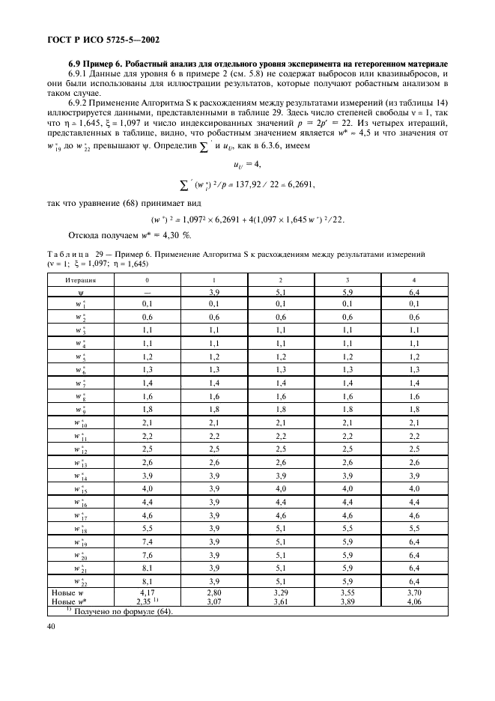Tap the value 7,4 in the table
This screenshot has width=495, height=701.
coord(147,541)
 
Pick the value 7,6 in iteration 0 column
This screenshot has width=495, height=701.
coord(147,555)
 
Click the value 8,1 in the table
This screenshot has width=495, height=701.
coord(147,582)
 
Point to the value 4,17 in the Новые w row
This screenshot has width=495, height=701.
coord(147,593)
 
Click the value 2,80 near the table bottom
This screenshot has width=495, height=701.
coord(215,593)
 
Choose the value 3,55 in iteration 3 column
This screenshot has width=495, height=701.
coord(350,593)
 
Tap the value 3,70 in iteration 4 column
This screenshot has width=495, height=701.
coord(415,593)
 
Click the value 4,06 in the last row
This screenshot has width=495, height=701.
coord(415,601)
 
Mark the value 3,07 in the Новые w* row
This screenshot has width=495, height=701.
coord(215,601)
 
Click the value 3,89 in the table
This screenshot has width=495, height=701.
coord(350,601)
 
